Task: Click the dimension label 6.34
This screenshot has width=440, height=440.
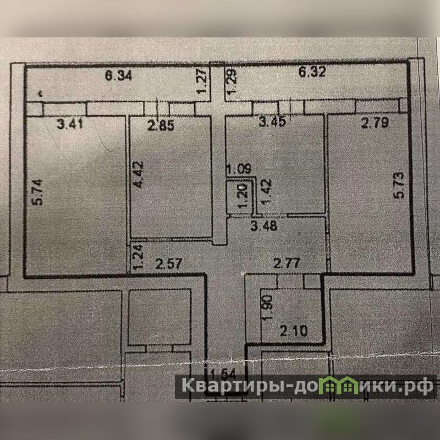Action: coord(118,75)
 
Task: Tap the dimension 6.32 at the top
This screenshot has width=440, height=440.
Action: coord(312,71)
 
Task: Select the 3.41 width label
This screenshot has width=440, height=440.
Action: coord(70,124)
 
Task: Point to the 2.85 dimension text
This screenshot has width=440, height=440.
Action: coord(161,125)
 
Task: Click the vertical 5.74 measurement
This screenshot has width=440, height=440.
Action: coord(37,192)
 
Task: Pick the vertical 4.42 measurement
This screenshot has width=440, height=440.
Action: coord(138,174)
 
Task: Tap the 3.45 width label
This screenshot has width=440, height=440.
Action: coord(272,122)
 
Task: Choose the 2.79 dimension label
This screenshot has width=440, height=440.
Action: coord(375,123)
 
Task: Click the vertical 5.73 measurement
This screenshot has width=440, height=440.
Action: coord(399,185)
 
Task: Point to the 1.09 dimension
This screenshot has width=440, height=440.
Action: coord(239,169)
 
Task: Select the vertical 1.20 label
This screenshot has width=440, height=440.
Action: coord(243,196)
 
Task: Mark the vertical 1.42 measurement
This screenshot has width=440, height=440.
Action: coord(266,191)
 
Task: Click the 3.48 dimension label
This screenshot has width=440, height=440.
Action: coord(263,226)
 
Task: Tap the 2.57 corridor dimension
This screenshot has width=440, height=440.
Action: coord(169,264)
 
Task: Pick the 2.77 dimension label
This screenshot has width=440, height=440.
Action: coord(287,263)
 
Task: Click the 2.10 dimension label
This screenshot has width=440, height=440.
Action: coord(294,331)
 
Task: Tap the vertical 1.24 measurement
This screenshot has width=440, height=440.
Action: coord(138,257)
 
